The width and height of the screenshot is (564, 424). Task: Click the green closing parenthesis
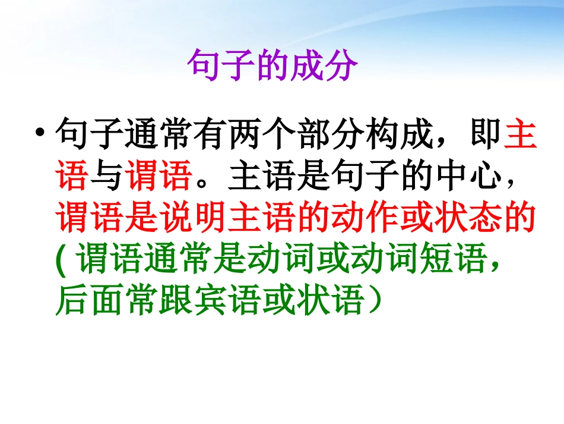[x=375, y=301]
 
